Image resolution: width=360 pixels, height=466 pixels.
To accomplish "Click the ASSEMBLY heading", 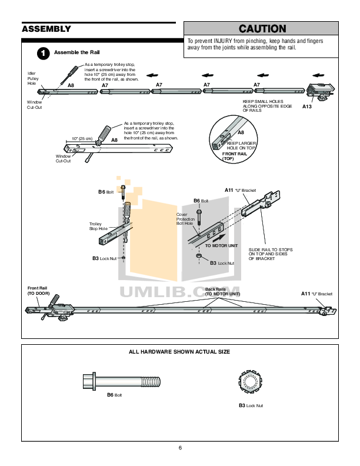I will pos(46,29).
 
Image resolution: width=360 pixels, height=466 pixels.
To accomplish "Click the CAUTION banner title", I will pos(262,29).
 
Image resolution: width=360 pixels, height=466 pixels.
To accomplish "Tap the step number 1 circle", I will pos(42,53).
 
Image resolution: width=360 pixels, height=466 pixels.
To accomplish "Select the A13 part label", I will pos(308,106).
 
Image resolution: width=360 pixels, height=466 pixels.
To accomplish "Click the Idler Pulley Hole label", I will pos(32,78).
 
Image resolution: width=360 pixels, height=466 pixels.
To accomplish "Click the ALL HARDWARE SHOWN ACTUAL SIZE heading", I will pos(179,351).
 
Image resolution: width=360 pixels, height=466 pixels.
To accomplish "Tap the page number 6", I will pos(180,448).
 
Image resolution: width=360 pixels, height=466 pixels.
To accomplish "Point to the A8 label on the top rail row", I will pos(71,86).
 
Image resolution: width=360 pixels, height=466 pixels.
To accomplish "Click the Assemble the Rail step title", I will pos(76,52).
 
